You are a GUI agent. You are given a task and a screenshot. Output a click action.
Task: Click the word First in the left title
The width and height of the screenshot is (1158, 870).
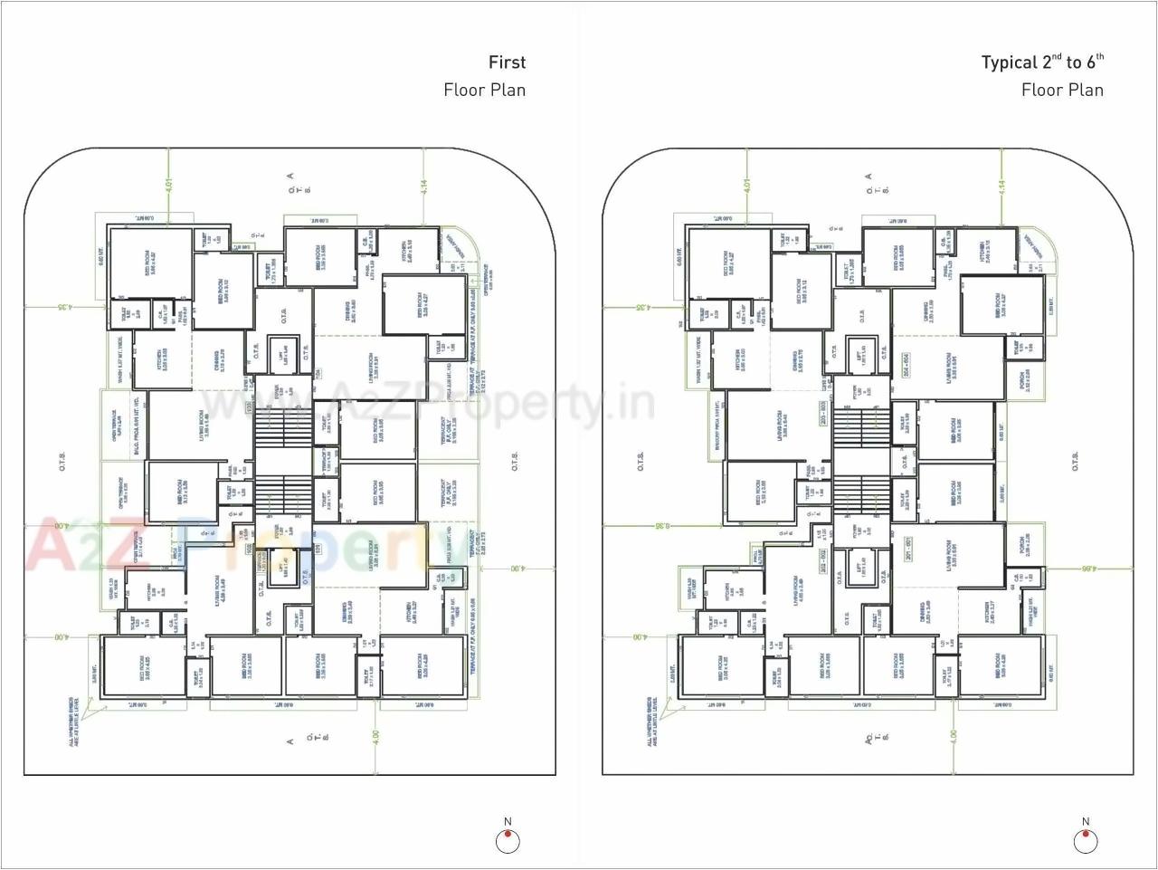pos(507,62)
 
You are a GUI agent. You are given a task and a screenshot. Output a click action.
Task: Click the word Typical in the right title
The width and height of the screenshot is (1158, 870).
pos(1009,62)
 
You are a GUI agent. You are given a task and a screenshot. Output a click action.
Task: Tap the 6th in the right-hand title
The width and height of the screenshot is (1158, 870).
pos(1096,62)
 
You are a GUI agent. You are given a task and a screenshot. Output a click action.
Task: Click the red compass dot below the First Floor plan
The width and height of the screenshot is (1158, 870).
pos(508,834)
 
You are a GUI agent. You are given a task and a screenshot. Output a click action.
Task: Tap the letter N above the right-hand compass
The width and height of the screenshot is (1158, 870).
pos(1086,822)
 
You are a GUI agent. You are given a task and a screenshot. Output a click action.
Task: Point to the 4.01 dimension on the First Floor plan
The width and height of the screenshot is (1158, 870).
pos(167,185)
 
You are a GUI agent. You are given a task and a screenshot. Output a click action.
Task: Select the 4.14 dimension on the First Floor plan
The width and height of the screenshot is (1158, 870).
pos(424,187)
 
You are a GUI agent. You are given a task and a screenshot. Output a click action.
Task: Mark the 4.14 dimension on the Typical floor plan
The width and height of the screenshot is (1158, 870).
pos(1002,187)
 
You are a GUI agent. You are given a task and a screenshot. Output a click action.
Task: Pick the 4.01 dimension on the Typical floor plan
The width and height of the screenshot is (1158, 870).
pos(746,185)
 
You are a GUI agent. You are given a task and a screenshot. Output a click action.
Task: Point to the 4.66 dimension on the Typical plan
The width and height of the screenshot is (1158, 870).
pos(1087,569)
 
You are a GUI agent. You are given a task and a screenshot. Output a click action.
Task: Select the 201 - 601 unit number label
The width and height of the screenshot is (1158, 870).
pos(907,549)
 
